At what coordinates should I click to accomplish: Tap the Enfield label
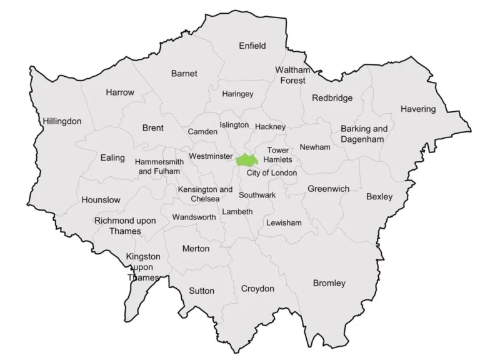pos(252,46)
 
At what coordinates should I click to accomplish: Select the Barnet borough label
pos(184,73)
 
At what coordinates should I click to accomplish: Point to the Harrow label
pos(120,92)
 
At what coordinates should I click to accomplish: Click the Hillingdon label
pos(62,121)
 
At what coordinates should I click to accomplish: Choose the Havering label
pos(418,109)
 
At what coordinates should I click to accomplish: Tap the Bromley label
pos(329,283)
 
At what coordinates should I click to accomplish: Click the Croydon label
pos(257,288)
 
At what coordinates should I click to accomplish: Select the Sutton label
pos(201,291)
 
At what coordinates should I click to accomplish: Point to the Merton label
pos(196,248)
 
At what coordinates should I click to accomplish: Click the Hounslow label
pos(101,200)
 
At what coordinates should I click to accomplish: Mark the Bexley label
pos(379,197)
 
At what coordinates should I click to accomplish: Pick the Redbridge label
pos(332,97)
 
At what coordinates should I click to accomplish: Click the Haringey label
pos(238,94)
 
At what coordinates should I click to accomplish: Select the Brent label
pos(153,127)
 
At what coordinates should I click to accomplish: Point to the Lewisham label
pos(284,222)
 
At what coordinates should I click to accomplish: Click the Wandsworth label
pos(194,217)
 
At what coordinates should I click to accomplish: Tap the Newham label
pos(315,147)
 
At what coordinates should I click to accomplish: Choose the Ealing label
pos(112,157)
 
